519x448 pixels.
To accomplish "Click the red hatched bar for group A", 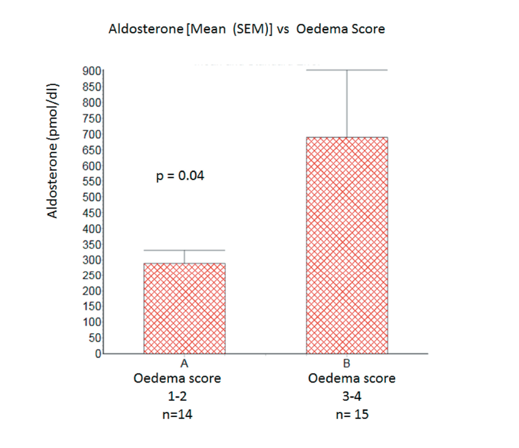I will [185, 308].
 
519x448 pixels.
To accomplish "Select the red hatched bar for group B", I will [347, 246].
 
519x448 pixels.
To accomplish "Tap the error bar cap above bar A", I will [185, 250].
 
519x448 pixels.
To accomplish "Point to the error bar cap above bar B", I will [347, 70].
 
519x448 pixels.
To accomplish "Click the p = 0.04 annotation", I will [180, 176].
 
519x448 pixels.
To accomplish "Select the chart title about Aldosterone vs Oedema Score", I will [247, 29].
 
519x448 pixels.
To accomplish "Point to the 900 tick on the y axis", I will [92, 71].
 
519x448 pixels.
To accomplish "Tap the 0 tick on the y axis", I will [98, 353].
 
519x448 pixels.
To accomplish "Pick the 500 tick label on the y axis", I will [92, 197].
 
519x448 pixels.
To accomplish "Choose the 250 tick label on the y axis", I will [92, 275].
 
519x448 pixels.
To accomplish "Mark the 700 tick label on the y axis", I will [92, 134].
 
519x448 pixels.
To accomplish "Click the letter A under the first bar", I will [185, 364].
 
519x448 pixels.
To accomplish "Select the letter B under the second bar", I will [346, 364].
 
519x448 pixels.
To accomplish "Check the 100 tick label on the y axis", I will [92, 323].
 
